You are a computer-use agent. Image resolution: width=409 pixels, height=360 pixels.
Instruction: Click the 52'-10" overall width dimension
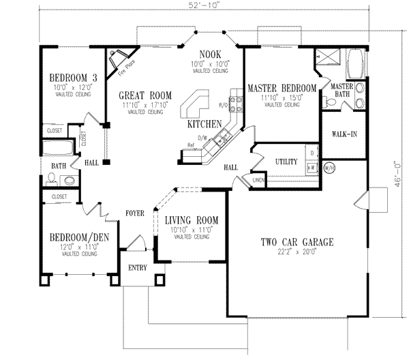204,6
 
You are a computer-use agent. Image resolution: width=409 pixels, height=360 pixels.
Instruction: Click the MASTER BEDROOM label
282,89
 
